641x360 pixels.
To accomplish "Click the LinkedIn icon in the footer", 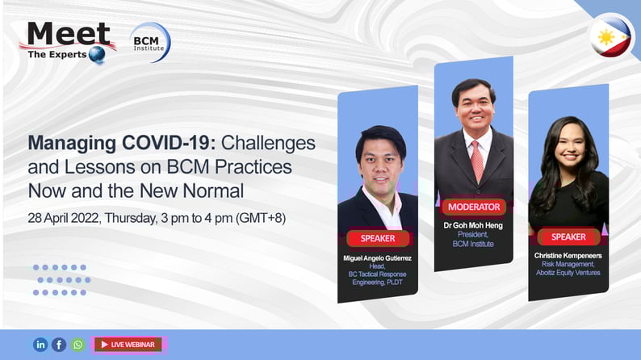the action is pos(40,345).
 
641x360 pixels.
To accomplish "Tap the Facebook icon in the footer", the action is pos(59,345).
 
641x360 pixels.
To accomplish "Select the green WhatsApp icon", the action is pos(78,345).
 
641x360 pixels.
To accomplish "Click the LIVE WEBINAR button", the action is pos(128,345).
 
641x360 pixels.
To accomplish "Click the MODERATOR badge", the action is pos(474,207).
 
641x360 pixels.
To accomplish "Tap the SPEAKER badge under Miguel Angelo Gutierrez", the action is pos(378,238).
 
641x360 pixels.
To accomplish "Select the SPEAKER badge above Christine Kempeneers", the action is pos(568,237).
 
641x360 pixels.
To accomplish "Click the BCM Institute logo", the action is pos(150,43).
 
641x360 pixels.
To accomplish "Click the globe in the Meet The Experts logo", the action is pos(97,54).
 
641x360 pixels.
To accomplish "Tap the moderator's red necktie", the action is pos(476,161).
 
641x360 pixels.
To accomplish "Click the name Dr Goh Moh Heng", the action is pos(473,225).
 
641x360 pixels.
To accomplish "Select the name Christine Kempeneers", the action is pos(568,255).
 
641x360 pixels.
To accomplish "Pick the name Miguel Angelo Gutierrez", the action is pos(377,258).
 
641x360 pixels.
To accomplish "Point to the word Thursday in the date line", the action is pos(131,218).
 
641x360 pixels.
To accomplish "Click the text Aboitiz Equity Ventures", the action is pos(568,273).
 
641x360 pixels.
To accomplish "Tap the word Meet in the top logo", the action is pos(69,34).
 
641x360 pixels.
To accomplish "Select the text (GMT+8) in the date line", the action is pos(261,218).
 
